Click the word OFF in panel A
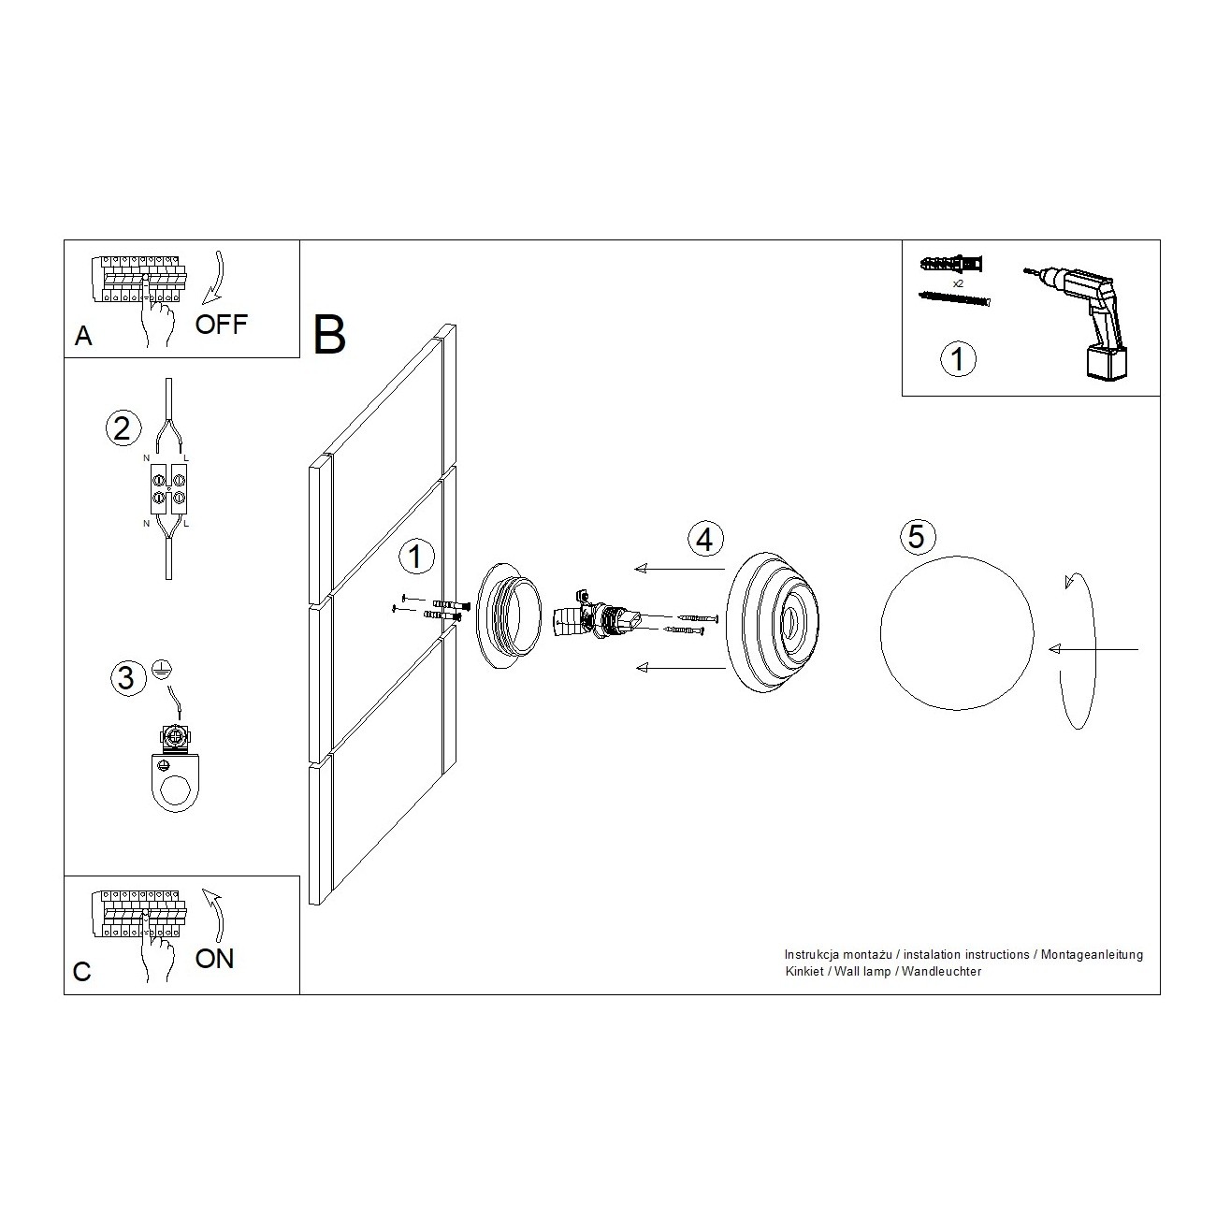pyautogui.click(x=221, y=325)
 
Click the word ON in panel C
pyautogui.click(x=214, y=959)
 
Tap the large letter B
pyautogui.click(x=329, y=335)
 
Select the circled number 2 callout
pyautogui.click(x=123, y=428)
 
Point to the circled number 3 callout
pyautogui.click(x=127, y=678)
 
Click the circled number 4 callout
pyautogui.click(x=705, y=539)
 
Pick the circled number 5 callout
pyautogui.click(x=917, y=536)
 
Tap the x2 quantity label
pyautogui.click(x=958, y=284)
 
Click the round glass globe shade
pyautogui.click(x=957, y=633)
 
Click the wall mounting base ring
pyautogui.click(x=509, y=615)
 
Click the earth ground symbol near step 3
pyautogui.click(x=162, y=669)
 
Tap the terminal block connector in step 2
pyautogui.click(x=168, y=488)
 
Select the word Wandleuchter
pyautogui.click(x=942, y=972)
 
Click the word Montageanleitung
pyautogui.click(x=1092, y=955)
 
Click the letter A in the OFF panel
pyautogui.click(x=83, y=337)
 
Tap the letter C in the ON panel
pyautogui.click(x=82, y=972)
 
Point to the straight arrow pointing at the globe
pyautogui.click(x=1093, y=649)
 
